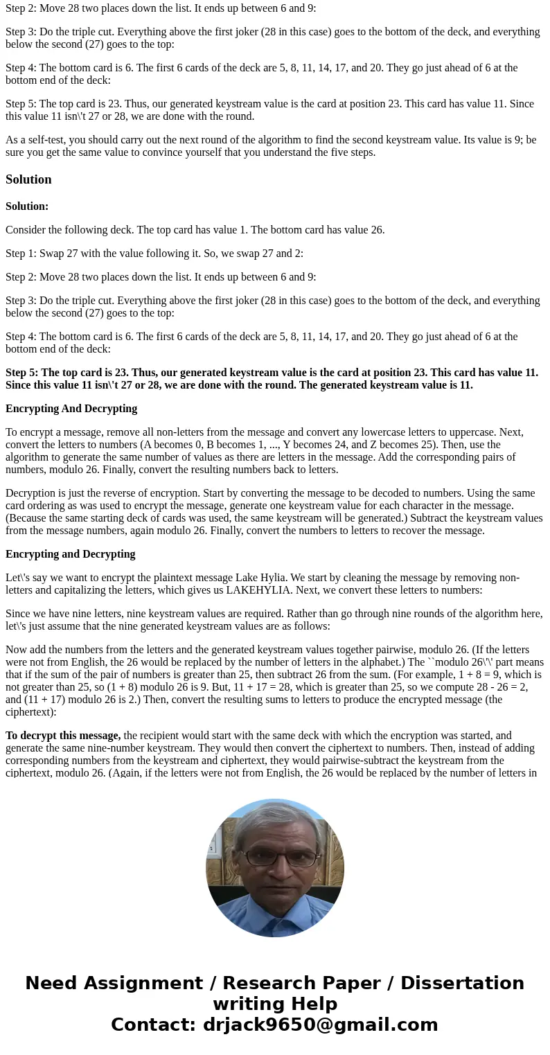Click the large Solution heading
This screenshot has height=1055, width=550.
tap(28, 179)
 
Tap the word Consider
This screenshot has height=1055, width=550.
tap(26, 230)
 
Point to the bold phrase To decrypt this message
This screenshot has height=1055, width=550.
tap(63, 736)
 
